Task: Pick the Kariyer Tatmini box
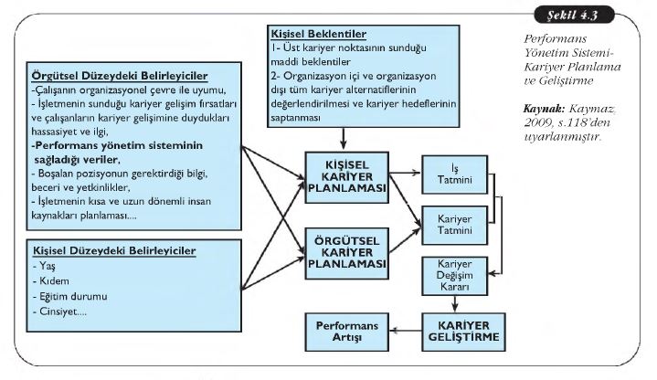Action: click(448, 221)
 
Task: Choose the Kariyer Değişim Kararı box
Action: click(448, 274)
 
